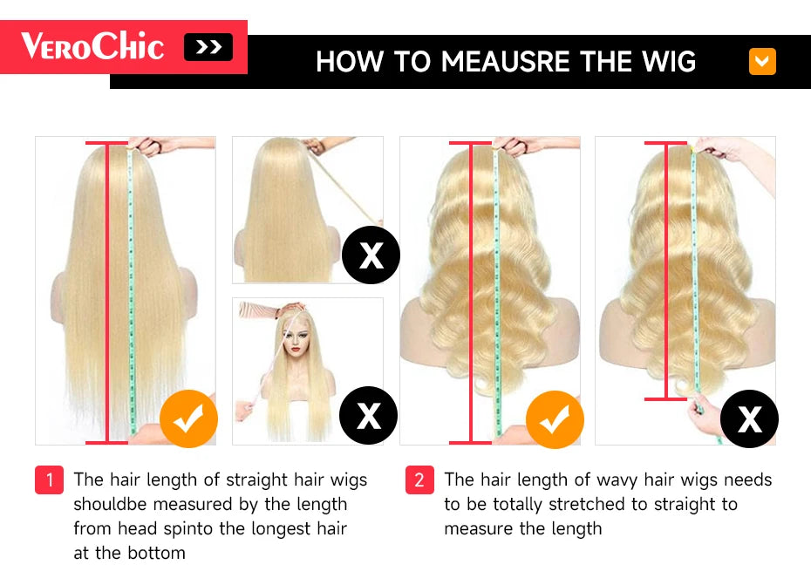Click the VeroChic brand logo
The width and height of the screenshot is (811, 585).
[x=92, y=46]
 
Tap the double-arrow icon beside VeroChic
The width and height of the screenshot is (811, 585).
[x=208, y=47]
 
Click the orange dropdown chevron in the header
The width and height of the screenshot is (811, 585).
[x=762, y=61]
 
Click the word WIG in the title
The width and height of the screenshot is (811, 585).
[x=666, y=62]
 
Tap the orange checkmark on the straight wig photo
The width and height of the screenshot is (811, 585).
[x=187, y=420]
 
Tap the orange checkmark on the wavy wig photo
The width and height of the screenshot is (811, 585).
[x=555, y=420]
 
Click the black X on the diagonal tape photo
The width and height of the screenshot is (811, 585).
[x=371, y=255]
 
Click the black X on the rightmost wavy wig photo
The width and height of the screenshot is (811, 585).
[x=749, y=419]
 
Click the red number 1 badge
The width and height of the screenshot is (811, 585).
[x=50, y=480]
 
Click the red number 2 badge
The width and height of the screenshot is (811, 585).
[x=419, y=480]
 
